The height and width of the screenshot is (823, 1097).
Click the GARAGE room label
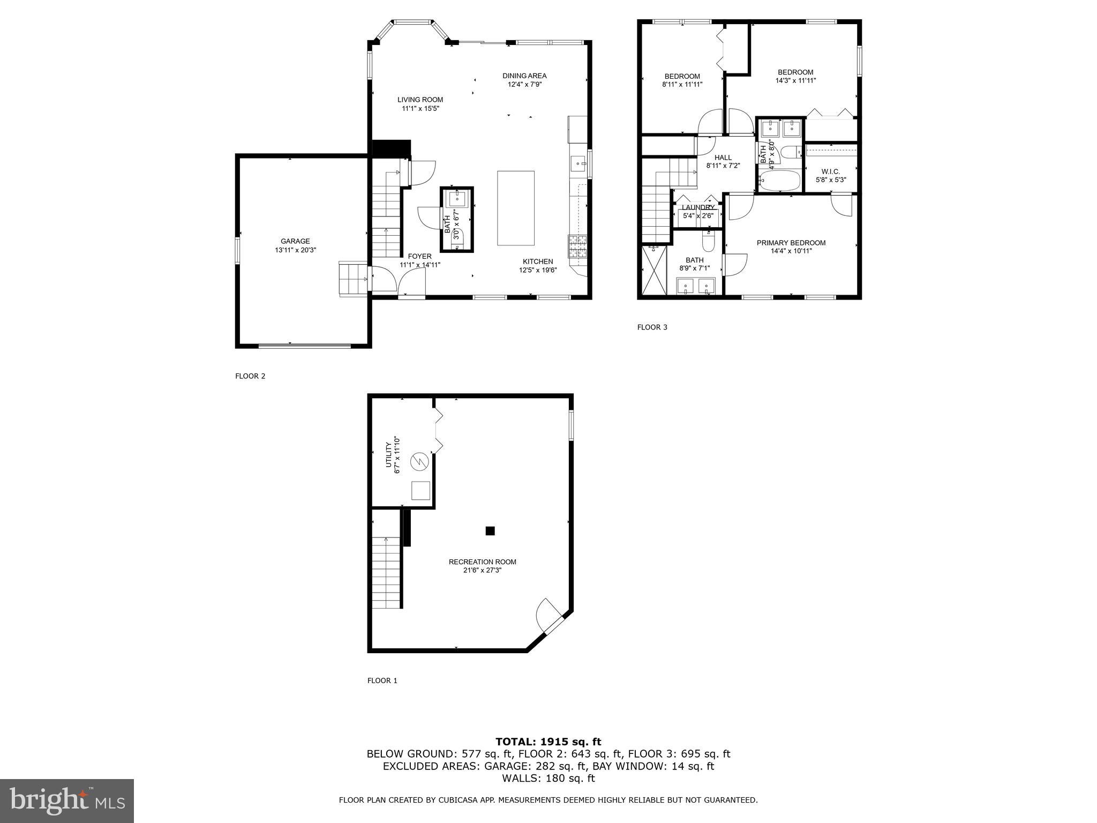pos(295,241)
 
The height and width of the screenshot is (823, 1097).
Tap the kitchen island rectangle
pos(516,208)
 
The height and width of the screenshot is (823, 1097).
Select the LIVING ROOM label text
pos(420,100)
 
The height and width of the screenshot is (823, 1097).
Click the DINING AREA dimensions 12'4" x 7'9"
pos(524,84)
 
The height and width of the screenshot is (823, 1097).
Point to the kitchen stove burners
pos(577,246)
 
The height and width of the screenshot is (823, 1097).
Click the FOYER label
pos(419,256)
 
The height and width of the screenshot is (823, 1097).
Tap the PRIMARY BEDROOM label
pos(791,243)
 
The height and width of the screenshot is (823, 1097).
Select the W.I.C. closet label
pos(830,171)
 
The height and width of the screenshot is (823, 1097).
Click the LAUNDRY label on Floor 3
pos(698,207)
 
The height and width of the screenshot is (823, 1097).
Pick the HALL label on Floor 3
pos(723,158)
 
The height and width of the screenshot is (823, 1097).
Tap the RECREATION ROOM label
pos(482,562)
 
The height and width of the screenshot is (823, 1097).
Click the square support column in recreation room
pos(490,531)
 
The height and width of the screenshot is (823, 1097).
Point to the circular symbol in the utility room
pos(419,461)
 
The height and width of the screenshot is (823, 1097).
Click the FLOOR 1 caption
pos(382,680)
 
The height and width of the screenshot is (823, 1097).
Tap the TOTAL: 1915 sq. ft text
pos(548,742)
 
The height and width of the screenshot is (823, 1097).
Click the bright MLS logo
pos(67,800)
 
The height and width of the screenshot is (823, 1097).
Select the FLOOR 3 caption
pos(652,327)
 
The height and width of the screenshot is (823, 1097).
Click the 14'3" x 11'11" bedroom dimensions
pos(795,81)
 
